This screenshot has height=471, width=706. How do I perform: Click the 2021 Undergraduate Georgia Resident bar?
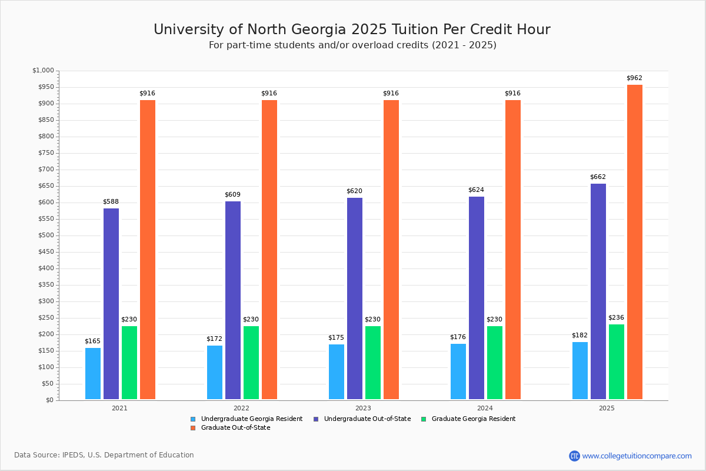[93, 374]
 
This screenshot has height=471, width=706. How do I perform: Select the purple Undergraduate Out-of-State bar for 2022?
[233, 300]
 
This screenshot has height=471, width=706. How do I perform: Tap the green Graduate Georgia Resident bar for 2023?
[373, 363]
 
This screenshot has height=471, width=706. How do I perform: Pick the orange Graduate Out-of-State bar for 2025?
[635, 242]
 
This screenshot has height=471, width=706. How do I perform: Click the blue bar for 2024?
[458, 372]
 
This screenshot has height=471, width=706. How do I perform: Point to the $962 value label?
[635, 78]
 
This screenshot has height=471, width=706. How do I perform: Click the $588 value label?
[111, 202]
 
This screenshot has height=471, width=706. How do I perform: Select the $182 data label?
[580, 336]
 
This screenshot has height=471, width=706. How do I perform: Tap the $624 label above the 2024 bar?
[477, 190]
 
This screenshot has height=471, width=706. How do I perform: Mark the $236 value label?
[617, 318]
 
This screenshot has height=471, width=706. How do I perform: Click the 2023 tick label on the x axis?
[363, 408]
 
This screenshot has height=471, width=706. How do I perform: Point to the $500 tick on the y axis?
[45, 235]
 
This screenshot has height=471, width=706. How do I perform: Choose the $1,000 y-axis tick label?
[44, 71]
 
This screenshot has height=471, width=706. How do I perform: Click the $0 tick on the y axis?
[49, 400]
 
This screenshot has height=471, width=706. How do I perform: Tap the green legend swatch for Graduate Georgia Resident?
[424, 419]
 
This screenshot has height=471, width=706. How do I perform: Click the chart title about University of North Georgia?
[352, 29]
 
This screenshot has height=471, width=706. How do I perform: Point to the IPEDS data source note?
[104, 455]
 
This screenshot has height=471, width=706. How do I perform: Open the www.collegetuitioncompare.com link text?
[637, 456]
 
